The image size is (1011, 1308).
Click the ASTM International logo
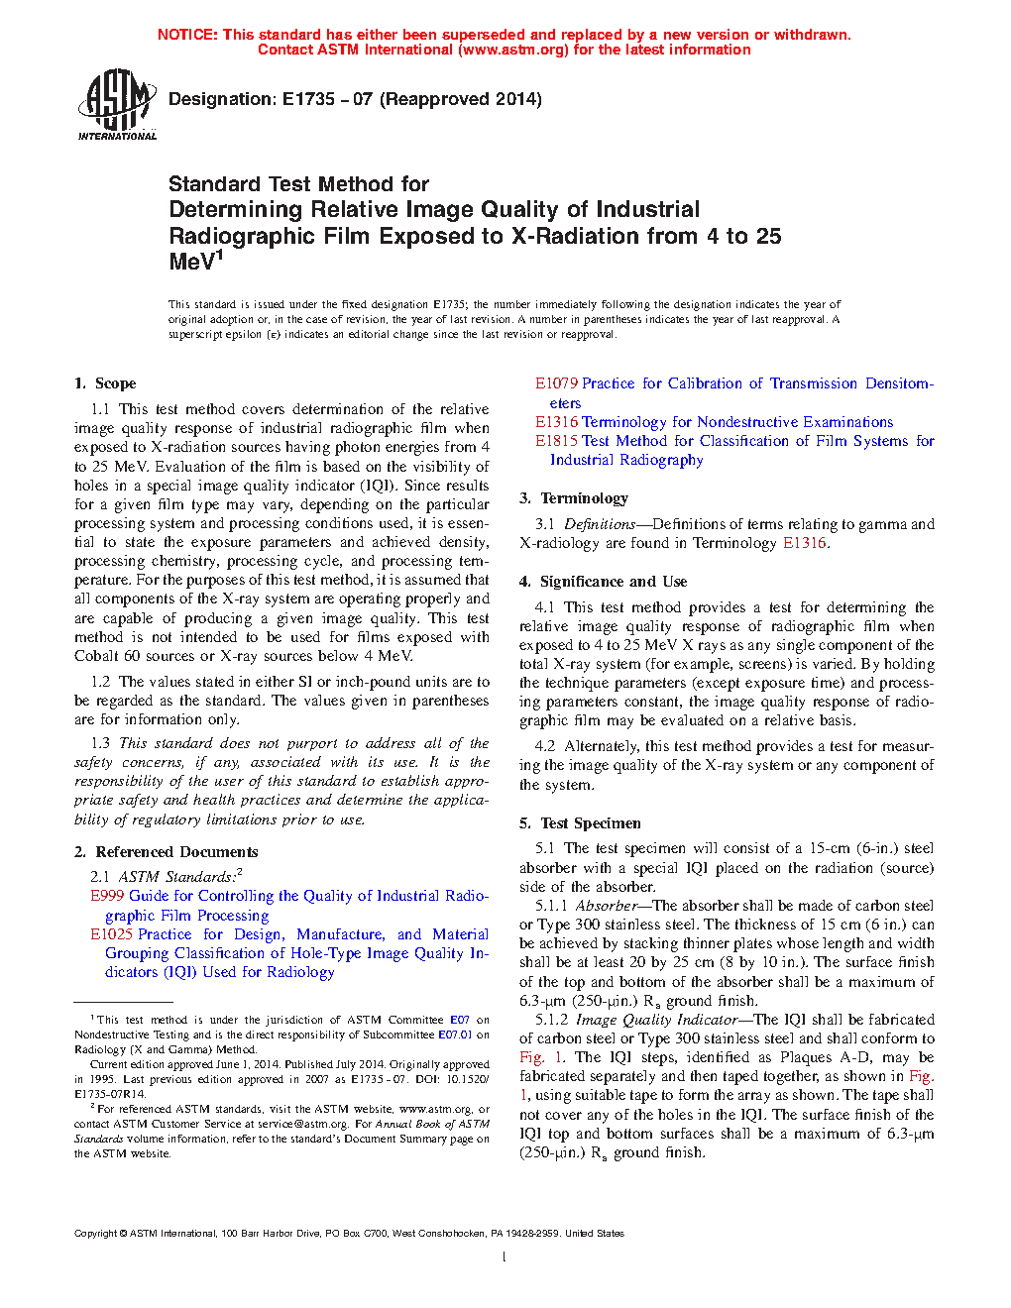click(116, 104)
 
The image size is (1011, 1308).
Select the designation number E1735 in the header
click(308, 99)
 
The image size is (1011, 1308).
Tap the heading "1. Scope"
click(105, 383)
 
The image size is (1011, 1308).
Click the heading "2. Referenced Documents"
click(166, 852)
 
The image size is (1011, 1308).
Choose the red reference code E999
click(107, 896)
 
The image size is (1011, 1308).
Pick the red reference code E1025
click(111, 934)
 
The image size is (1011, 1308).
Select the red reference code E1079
click(556, 383)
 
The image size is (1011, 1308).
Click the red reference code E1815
click(556, 441)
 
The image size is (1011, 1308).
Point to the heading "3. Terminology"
click(574, 498)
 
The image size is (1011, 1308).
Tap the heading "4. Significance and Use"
click(603, 582)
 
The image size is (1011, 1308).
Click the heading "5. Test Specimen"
click(580, 823)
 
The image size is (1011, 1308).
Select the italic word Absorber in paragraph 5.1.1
click(607, 906)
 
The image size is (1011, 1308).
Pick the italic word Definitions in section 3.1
click(599, 524)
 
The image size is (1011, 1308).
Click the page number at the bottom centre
click(505, 1257)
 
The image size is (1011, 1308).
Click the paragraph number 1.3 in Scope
click(100, 743)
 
